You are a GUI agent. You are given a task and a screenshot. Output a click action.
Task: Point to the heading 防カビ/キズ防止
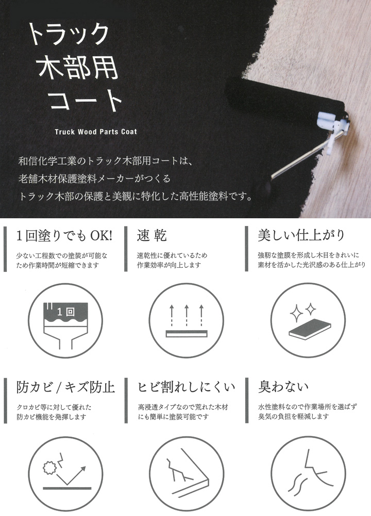point(65,386)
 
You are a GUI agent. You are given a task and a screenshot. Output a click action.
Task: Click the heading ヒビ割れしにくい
point(187,386)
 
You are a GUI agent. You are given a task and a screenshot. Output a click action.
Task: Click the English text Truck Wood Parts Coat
point(96,132)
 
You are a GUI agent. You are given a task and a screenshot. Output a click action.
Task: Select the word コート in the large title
point(85,100)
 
